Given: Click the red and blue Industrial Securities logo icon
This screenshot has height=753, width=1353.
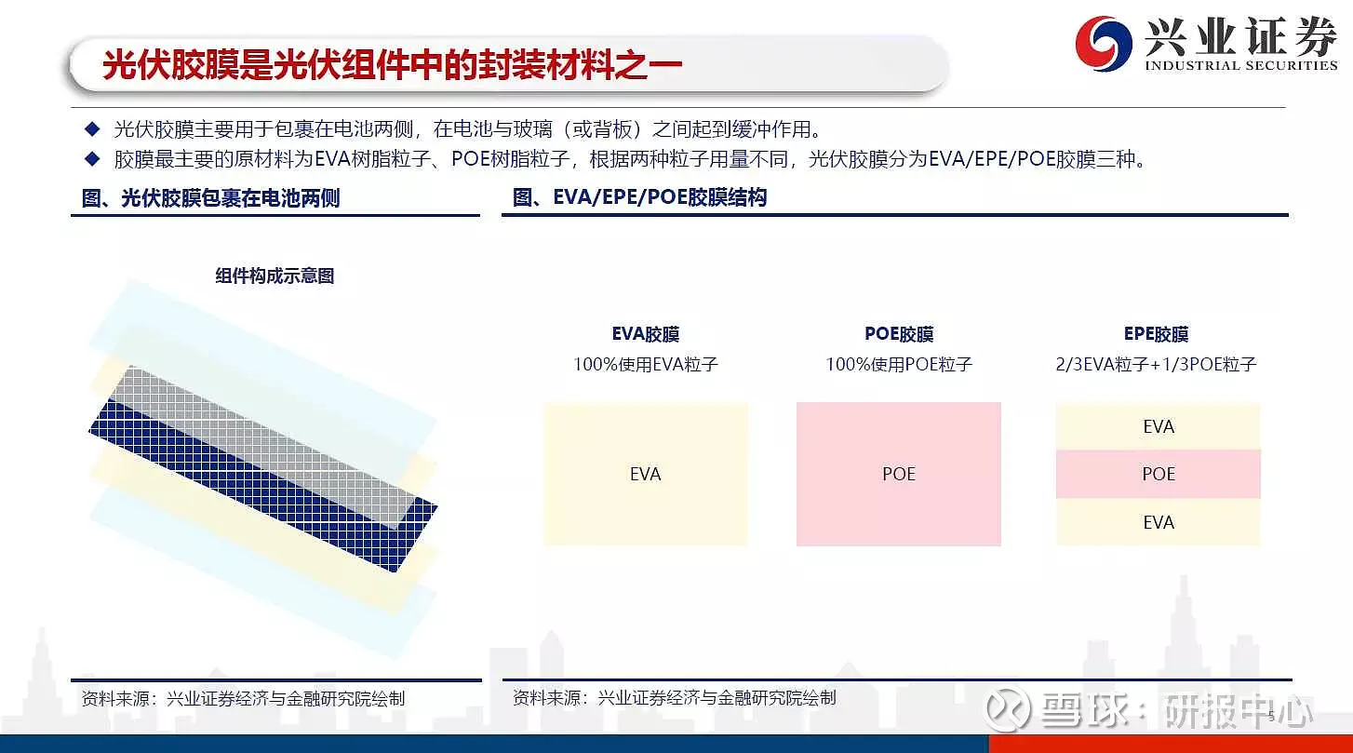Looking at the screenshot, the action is pos(1103,44).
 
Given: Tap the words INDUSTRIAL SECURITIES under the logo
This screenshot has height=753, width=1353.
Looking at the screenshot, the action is pos(1241,65).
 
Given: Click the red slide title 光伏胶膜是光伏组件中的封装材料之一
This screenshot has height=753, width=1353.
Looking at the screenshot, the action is pos(393,64).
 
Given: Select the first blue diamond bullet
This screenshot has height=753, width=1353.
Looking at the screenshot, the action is pos(92,128).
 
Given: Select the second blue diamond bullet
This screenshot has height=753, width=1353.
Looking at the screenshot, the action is pos(92,159).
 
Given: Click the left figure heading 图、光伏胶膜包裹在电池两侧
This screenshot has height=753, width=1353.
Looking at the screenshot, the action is pos(211,197).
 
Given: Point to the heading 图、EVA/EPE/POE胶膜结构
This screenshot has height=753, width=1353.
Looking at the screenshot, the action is pos(639,197).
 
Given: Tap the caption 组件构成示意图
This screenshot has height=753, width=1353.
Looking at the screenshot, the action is pos(275,276).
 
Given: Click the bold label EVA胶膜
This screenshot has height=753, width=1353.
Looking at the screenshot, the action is pos(646,333).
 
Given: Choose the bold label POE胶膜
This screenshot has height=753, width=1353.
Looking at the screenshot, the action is pos(899,333).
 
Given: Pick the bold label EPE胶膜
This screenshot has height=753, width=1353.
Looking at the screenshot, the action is pos(1156,333).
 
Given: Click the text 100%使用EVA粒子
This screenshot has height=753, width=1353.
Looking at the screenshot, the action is pos(646,364).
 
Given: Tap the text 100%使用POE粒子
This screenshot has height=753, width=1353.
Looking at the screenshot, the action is pos(899,364).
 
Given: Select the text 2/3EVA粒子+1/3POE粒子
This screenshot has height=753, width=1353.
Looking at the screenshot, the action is pos(1156,364).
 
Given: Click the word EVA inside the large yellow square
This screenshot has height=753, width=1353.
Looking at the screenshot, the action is pos(646,474).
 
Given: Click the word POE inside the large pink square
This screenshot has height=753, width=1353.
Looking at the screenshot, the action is pos(899,474).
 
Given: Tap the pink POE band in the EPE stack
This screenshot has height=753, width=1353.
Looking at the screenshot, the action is pos(1158,474).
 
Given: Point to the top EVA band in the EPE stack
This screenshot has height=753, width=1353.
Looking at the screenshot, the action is pos(1158,426).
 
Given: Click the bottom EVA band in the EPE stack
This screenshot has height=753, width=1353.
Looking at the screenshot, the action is pos(1158,521).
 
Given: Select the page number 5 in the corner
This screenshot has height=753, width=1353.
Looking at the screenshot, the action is pos(1271,716).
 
